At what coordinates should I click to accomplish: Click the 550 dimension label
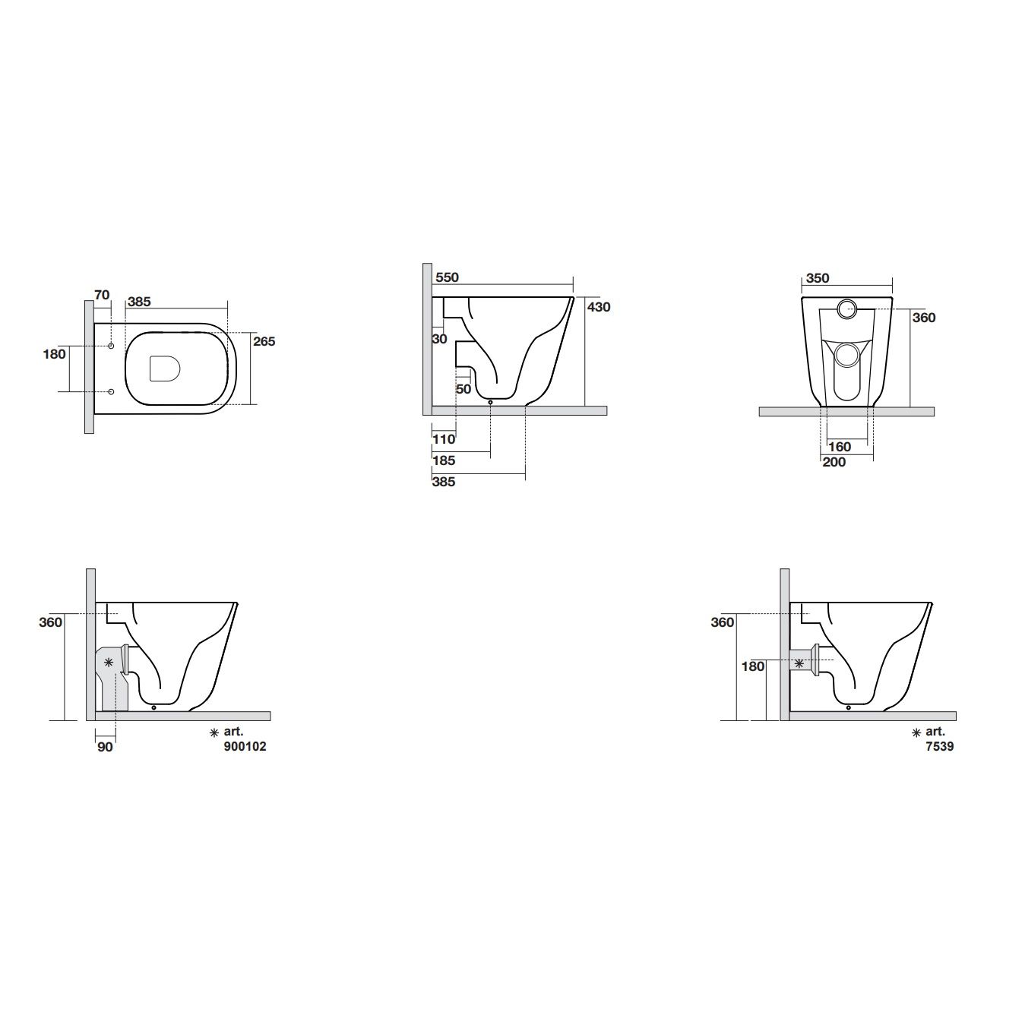pos(447,277)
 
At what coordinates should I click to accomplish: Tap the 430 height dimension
pos(599,307)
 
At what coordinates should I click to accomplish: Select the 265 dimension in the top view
pos(264,341)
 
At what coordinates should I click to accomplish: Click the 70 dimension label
pos(102,295)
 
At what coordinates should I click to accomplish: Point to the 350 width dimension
pos(818,278)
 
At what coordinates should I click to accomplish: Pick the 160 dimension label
pos(840,447)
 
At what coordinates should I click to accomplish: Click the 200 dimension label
pos(834,462)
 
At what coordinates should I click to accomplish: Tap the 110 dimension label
pos(444,439)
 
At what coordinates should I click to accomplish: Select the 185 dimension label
pos(444,460)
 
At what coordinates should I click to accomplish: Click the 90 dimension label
pos(106,748)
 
